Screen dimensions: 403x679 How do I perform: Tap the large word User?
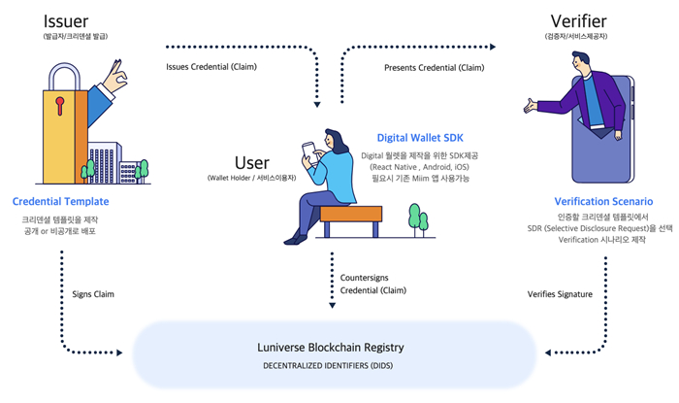coord(252,162)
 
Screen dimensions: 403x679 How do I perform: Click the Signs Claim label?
coord(94,293)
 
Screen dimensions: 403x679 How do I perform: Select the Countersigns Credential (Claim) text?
coord(373,285)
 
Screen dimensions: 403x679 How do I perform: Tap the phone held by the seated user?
coord(308,151)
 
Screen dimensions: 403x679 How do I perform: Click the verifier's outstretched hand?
coord(531,104)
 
